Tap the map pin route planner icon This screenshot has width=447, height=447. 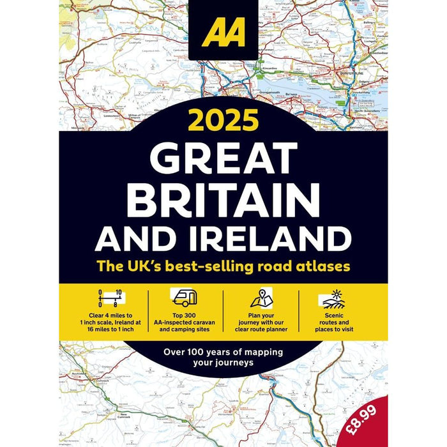point(261,298)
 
